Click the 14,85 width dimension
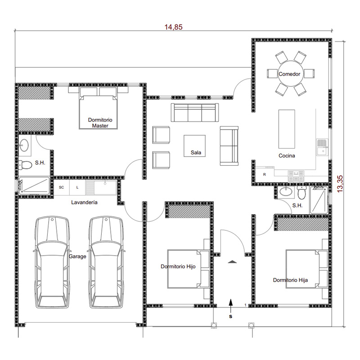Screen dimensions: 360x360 coord(173,27)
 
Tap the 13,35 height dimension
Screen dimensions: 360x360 coord(340,184)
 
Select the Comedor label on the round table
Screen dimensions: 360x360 coord(289,74)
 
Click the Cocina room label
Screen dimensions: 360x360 coord(287,156)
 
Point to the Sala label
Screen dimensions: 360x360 coord(196,153)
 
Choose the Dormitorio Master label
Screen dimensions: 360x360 coord(100,122)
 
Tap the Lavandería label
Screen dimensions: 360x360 coord(84,202)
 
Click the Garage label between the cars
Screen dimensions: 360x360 coord(77,256)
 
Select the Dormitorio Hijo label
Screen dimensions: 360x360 coord(178,266)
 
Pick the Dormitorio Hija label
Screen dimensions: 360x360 coord(290,280)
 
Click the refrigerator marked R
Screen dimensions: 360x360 coord(265,175)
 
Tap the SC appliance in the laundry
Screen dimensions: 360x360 coord(61,187)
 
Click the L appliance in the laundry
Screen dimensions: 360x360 coord(77,187)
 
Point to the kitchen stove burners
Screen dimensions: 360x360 coord(296,176)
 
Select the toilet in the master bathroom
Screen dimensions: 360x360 coord(25,165)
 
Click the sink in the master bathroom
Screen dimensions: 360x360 coord(24,145)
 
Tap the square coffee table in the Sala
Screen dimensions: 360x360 coord(194,146)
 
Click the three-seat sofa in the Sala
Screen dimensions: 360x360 coord(195,112)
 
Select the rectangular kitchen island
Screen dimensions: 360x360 coord(287,129)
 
